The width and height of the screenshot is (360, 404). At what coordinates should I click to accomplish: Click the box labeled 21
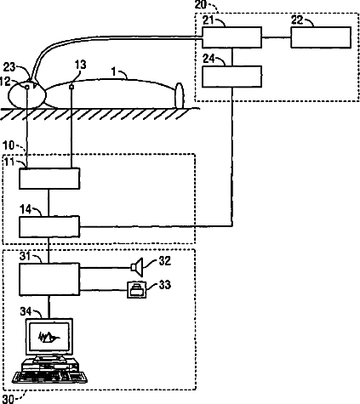click(x=231, y=37)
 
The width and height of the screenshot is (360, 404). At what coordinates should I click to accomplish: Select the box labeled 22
click(x=321, y=37)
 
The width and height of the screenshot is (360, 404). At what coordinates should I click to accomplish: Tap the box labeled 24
click(x=231, y=77)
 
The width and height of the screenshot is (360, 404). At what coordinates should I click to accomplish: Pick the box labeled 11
click(x=49, y=179)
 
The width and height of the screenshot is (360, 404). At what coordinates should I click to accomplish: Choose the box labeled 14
click(x=49, y=227)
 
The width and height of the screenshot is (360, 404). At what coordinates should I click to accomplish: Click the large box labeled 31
click(x=49, y=279)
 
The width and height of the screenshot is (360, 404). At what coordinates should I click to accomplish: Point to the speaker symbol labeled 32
click(x=136, y=267)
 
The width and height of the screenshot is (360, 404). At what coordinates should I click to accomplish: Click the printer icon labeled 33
click(x=137, y=289)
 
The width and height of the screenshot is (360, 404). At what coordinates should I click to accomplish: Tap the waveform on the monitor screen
click(x=49, y=337)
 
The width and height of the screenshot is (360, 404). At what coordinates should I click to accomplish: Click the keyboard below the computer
click(x=49, y=378)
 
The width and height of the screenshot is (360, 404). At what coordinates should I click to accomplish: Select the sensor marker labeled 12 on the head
click(x=27, y=87)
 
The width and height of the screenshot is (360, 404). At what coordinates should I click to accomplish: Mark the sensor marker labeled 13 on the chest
click(x=71, y=87)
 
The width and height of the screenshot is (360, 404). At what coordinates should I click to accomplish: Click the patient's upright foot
click(x=180, y=95)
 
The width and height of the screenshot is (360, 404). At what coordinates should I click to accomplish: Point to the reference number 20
click(x=201, y=4)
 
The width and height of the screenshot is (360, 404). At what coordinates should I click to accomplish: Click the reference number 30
click(x=8, y=399)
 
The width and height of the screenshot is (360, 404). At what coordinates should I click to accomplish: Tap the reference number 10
click(x=9, y=145)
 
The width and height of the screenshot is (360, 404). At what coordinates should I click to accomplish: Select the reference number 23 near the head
click(x=9, y=67)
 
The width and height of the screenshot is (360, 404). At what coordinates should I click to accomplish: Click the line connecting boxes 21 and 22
click(x=277, y=37)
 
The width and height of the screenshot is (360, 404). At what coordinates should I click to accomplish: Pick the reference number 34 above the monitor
click(x=26, y=311)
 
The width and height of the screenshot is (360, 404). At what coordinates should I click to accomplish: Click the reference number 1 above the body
click(x=114, y=71)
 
